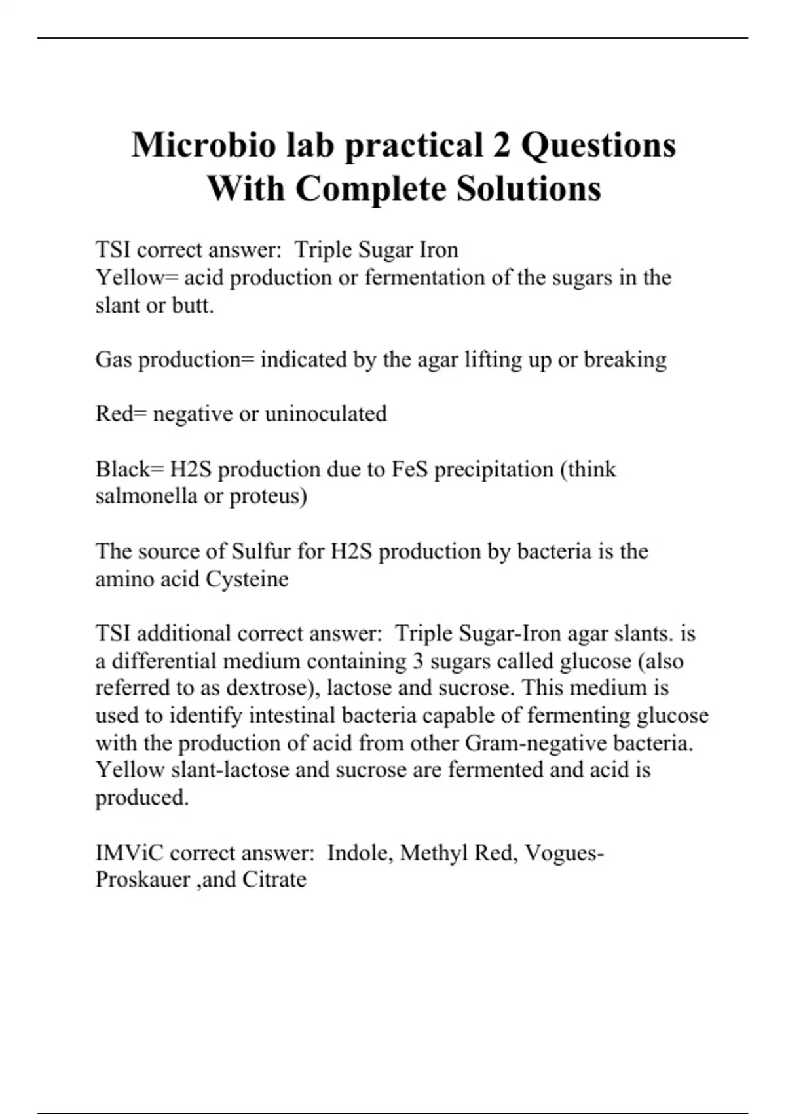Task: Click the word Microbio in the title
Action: point(203,145)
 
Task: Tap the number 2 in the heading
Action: point(501,145)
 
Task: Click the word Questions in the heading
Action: point(598,145)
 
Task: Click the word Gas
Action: point(113,359)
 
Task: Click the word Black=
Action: point(129,469)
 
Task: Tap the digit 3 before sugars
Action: point(418,661)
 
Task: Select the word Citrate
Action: point(274,879)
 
